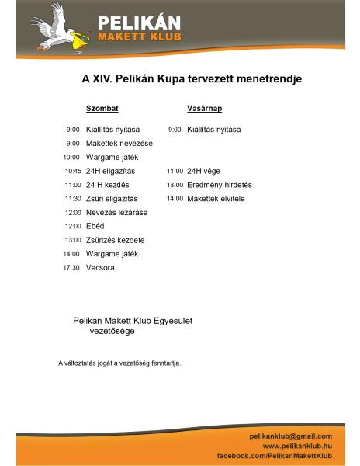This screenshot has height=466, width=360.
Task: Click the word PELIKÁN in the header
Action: [139, 22]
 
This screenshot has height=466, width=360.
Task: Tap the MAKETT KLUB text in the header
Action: [139, 38]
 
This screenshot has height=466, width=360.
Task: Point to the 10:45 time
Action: [73, 171]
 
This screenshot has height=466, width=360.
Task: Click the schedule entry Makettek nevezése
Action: [119, 143]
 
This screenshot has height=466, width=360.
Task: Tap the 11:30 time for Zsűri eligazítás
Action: [73, 199]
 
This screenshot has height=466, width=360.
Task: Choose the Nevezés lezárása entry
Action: [117, 212]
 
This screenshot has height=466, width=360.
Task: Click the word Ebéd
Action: [95, 226]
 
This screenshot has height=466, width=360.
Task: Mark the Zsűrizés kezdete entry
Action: [116, 240]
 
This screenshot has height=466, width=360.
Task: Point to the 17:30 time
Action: [73, 268]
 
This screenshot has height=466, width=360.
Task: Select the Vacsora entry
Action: [101, 268]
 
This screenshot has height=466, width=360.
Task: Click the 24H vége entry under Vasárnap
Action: [205, 171]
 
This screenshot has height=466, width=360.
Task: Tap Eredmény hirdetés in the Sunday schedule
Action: [220, 185]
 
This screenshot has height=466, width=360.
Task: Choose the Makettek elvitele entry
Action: [216, 199]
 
